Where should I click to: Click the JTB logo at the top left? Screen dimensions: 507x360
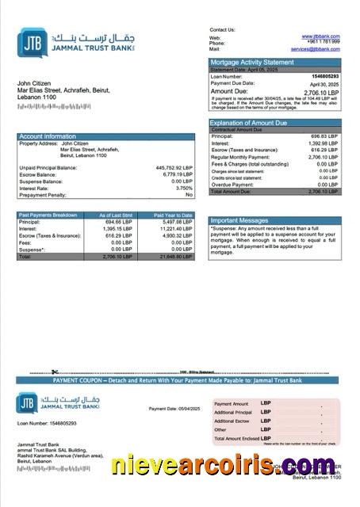pyautogui.click(x=31, y=40)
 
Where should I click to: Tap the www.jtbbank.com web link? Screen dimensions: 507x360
pyautogui.click(x=321, y=36)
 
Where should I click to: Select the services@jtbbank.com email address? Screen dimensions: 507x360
pyautogui.click(x=315, y=49)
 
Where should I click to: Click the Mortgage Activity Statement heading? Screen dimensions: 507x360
pyautogui.click(x=251, y=62)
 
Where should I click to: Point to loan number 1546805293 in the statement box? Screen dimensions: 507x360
pyautogui.click(x=324, y=75)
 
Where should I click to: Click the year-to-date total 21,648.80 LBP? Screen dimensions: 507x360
pyautogui.click(x=175, y=257)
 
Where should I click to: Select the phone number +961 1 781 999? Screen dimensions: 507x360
pyautogui.click(x=323, y=43)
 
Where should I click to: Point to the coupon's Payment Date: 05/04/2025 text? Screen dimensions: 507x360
pyautogui.click(x=175, y=409)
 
